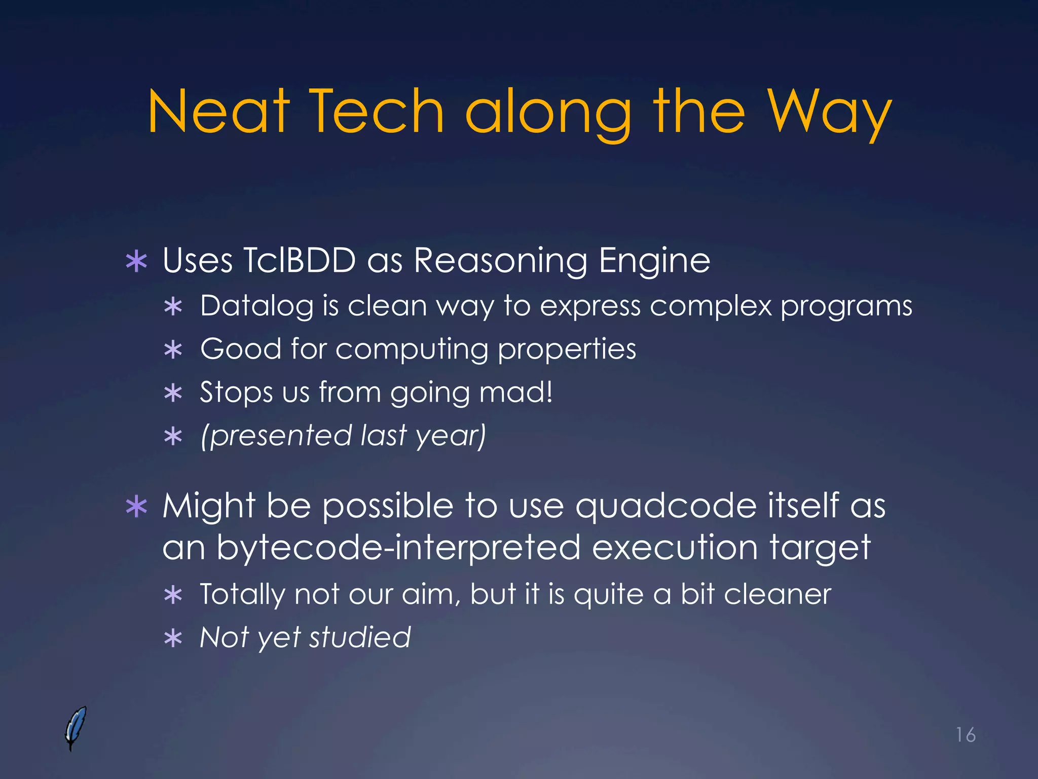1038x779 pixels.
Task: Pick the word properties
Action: pyautogui.click(x=567, y=350)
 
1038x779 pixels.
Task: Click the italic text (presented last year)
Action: pyautogui.click(x=343, y=436)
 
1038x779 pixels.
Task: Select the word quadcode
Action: pyautogui.click(x=666, y=507)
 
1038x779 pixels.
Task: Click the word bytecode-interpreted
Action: pyautogui.click(x=398, y=548)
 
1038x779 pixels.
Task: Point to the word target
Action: pyautogui.click(x=820, y=548)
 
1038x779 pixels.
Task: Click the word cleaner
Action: pyautogui.click(x=777, y=594)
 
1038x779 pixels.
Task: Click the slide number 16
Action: pyautogui.click(x=966, y=735)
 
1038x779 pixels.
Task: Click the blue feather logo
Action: pyautogui.click(x=76, y=728)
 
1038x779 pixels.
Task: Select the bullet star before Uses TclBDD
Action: pyautogui.click(x=136, y=262)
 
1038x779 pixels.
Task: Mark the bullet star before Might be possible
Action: pyautogui.click(x=136, y=507)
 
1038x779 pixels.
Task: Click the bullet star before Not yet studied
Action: pyautogui.click(x=173, y=639)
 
